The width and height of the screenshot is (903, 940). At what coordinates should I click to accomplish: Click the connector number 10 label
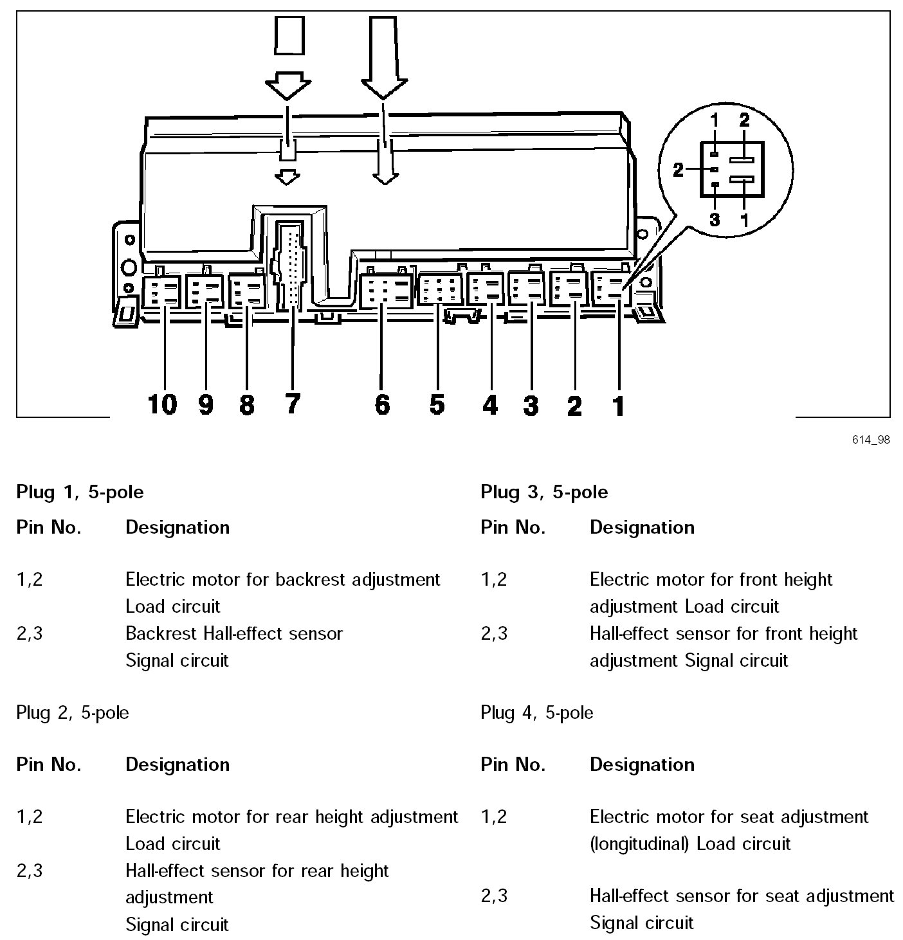(x=162, y=404)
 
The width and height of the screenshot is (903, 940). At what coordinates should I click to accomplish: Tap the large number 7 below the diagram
(x=292, y=404)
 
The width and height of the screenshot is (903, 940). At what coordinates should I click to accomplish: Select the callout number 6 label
(x=382, y=404)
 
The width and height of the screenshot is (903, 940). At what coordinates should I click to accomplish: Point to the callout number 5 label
(x=437, y=404)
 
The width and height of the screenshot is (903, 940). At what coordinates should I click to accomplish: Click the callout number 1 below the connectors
(x=618, y=406)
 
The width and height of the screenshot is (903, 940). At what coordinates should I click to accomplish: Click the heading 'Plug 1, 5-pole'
(x=80, y=493)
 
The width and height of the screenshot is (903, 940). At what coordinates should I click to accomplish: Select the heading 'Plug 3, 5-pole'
(x=544, y=493)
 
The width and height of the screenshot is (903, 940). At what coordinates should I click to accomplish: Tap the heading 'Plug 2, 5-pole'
(x=73, y=713)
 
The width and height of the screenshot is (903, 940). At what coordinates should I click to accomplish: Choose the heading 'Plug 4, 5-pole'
(x=537, y=713)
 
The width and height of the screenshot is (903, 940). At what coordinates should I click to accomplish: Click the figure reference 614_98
(x=871, y=440)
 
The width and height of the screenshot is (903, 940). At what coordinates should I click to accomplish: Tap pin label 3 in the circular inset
(x=715, y=219)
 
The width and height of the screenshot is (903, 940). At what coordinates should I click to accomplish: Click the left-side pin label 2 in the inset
(x=679, y=170)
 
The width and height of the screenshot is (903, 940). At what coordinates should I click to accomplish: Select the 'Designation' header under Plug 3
(x=642, y=527)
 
